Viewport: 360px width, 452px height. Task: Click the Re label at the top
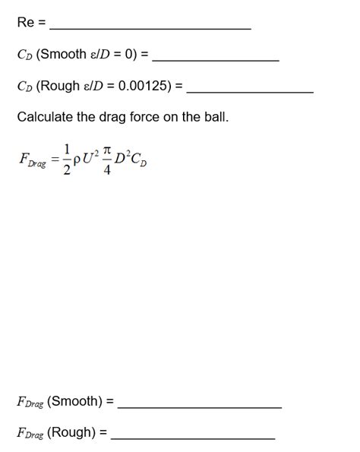24,22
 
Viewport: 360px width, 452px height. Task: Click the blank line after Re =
150,27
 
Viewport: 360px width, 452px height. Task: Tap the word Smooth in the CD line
63,55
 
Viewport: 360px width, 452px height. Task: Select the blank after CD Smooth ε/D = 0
216,59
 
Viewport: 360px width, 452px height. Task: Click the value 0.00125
141,86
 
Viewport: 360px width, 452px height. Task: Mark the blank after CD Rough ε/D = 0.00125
250,91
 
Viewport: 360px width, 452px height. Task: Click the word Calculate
45,118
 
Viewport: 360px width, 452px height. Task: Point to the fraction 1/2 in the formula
68,160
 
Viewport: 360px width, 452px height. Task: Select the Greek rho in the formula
79,162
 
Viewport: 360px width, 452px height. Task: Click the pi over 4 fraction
107,160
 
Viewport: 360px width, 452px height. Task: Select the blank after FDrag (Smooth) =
200,406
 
